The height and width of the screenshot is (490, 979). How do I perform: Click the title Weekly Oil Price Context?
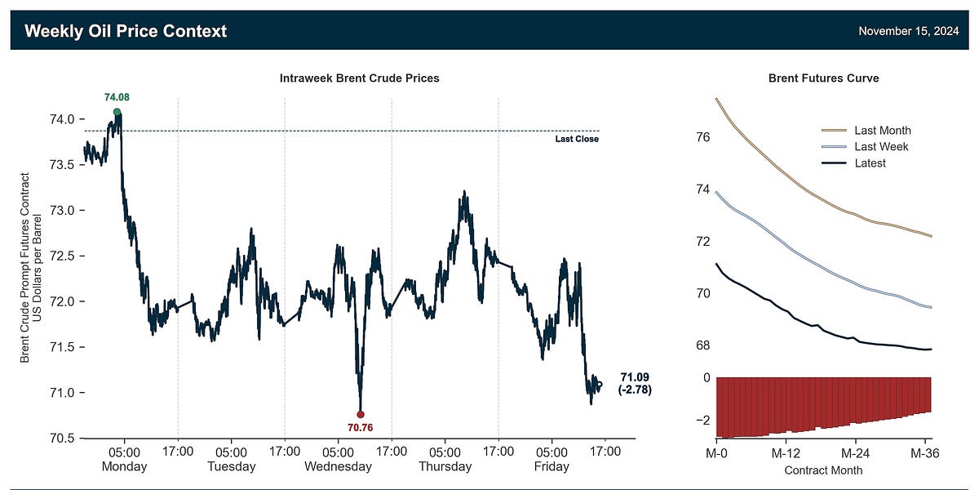[x=126, y=31]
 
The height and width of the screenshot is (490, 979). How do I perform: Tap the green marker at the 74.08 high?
[x=117, y=112]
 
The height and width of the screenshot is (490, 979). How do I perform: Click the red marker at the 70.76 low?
[x=361, y=414]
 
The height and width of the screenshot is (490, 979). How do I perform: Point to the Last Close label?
[x=577, y=139]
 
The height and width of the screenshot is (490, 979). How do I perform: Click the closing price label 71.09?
[x=636, y=376]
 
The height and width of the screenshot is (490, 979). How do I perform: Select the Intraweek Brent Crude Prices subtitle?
[x=360, y=78]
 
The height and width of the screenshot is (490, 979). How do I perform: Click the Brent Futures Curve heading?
[x=823, y=78]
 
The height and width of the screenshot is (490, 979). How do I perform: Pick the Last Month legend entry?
[x=882, y=131]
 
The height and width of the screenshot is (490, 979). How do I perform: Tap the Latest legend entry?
[x=870, y=163]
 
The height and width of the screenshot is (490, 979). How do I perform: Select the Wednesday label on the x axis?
[x=338, y=467]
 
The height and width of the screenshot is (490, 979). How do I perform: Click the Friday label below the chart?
[x=552, y=467]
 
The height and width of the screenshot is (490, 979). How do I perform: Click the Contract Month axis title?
[x=823, y=470]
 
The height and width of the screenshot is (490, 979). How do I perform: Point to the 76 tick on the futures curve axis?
[x=702, y=137]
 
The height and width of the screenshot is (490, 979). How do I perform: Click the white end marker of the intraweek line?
[x=600, y=384]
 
